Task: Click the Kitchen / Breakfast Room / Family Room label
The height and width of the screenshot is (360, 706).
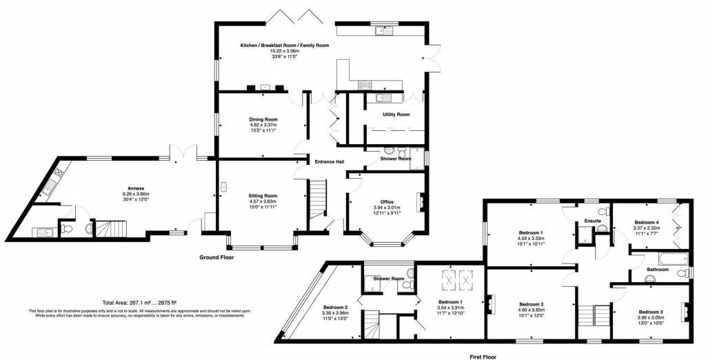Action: (284, 45)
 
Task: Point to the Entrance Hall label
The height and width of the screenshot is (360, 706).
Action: (325, 162)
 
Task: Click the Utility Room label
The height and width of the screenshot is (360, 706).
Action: (396, 114)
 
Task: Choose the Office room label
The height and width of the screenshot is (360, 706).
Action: (387, 202)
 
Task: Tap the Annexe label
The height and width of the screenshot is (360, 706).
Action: (135, 188)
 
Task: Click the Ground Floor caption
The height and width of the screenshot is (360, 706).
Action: (216, 257)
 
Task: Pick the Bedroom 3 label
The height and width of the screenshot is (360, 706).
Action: (650, 312)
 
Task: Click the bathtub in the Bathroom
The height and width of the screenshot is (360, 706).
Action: (665, 260)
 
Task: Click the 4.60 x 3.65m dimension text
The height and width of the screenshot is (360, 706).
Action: (532, 310)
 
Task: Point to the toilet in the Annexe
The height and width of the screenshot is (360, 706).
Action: (87, 228)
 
